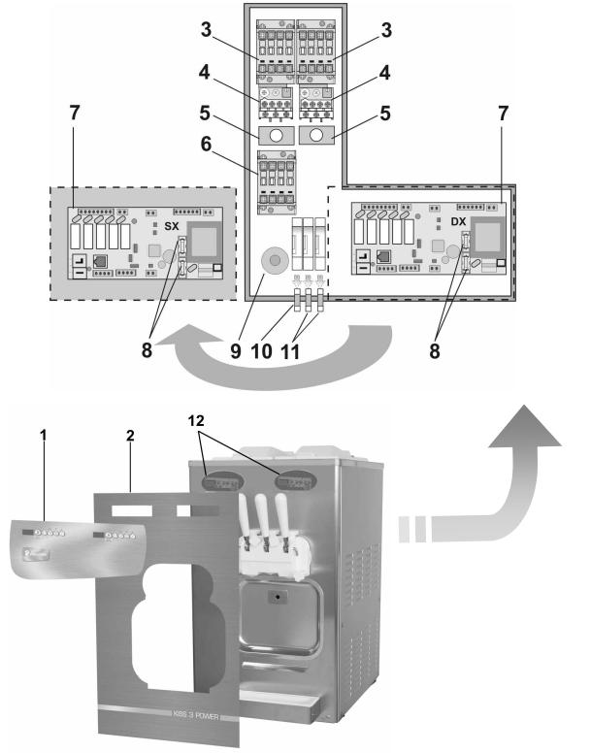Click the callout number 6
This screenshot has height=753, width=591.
point(206,144)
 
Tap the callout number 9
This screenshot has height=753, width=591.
point(235,351)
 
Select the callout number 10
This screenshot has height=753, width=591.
point(262,351)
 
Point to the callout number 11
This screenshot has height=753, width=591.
point(289,351)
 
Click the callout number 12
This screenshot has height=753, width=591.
point(196,421)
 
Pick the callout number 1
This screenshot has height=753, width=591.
point(44,435)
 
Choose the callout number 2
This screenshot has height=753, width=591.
point(130,435)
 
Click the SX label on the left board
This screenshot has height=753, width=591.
point(172,226)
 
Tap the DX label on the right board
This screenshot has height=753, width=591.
point(458,222)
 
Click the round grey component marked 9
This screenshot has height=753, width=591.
point(275,261)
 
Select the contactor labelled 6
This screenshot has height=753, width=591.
point(277,182)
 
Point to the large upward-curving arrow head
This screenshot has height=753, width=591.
point(525,427)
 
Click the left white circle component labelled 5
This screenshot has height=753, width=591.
point(276,136)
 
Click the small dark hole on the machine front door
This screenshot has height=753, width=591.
point(278,597)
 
